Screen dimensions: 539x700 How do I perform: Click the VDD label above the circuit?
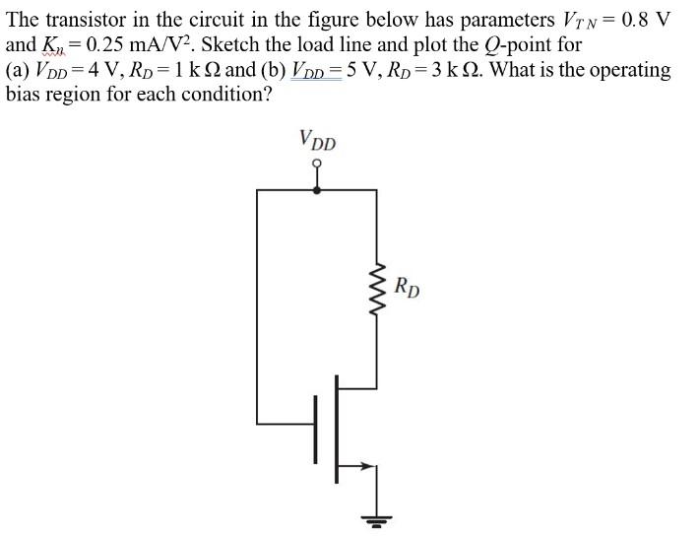317,140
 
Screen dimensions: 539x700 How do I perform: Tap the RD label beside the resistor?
407,289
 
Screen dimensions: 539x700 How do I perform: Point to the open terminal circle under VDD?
316,165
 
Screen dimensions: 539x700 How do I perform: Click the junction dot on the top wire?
316,191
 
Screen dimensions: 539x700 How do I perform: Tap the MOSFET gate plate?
317,428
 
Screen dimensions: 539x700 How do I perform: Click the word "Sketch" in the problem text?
230,45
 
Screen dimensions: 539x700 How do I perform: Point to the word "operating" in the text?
626,71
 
